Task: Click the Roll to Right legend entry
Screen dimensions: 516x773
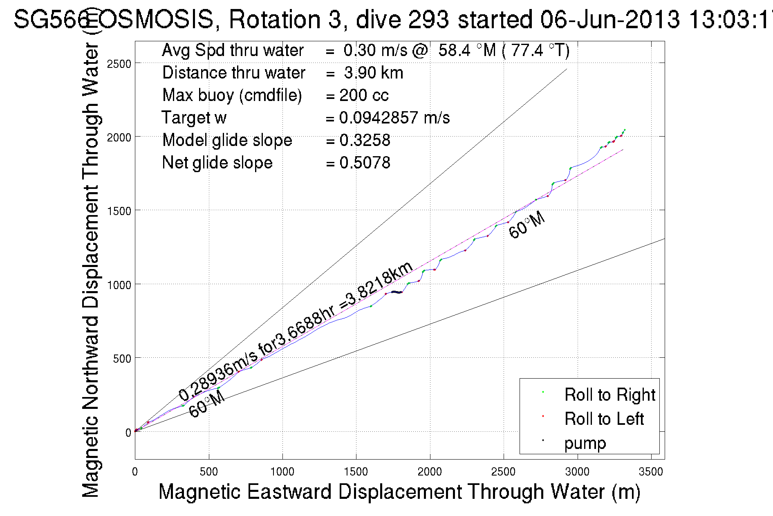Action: tap(609, 395)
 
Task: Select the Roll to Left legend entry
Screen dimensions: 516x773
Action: tap(604, 419)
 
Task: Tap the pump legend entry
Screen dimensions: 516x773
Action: tap(585, 443)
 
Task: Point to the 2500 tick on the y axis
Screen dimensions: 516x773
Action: tap(119, 64)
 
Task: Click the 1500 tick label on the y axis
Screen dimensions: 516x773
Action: tap(119, 211)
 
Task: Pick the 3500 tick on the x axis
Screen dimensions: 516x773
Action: tap(651, 472)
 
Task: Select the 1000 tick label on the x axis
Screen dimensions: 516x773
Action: tap(282, 472)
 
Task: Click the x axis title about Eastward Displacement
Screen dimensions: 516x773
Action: tap(399, 492)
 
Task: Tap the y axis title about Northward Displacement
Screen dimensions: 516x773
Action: tap(91, 270)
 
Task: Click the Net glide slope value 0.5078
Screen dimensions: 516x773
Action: tap(365, 163)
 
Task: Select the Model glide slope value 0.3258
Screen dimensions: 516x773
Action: tap(365, 140)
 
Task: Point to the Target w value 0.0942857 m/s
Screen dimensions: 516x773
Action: tap(394, 118)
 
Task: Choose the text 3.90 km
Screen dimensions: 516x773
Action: tap(373, 73)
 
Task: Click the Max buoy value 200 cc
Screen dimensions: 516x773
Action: tap(364, 95)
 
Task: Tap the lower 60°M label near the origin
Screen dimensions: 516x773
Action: tap(207, 404)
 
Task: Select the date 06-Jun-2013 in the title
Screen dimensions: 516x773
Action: tap(609, 20)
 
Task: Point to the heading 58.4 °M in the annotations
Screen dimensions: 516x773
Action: tap(467, 50)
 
